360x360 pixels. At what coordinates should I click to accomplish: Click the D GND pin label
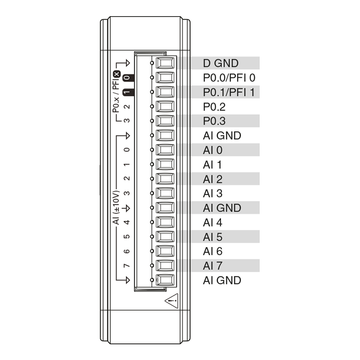coord(220,63)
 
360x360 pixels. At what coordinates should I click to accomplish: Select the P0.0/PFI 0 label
coord(229,77)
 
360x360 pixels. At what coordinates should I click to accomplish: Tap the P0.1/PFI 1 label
coord(229,92)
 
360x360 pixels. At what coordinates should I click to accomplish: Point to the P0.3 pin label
coord(214,121)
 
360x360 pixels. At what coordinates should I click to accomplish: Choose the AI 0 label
coord(212,150)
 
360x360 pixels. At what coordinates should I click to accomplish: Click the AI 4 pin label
coord(212,222)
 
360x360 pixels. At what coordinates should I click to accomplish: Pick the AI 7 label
coord(212,265)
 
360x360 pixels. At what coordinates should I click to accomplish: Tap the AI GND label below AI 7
coord(222,280)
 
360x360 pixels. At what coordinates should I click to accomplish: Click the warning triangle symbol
coord(171,301)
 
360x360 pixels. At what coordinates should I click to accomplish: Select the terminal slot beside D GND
coord(165,63)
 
